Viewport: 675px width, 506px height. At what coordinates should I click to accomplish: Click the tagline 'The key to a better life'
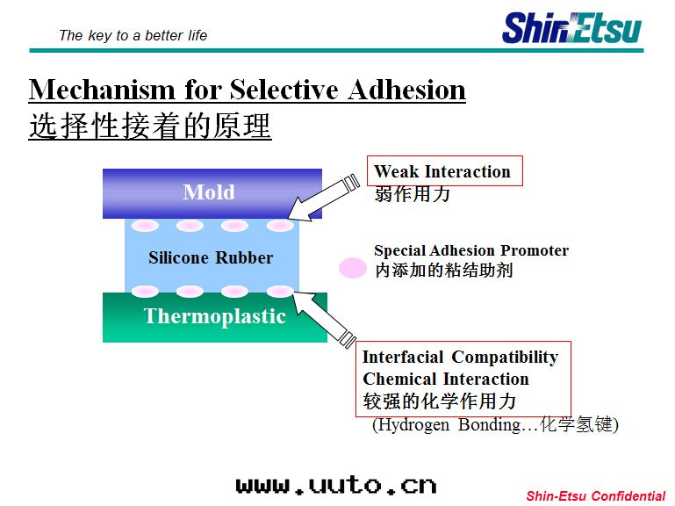point(133,35)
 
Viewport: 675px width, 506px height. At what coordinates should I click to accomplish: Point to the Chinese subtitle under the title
point(150,126)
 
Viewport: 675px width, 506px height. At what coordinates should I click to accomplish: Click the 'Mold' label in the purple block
point(209,192)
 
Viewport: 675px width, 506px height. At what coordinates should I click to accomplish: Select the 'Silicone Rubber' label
point(211,258)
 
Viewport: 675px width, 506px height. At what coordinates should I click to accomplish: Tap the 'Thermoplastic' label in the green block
point(215,316)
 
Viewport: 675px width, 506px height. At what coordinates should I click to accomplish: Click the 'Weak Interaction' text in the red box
point(442,171)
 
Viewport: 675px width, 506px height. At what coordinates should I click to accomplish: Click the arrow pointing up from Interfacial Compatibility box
point(324,317)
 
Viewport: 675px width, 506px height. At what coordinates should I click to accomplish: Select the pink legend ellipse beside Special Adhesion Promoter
point(353,268)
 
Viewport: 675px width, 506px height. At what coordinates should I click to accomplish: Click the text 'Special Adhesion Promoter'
point(471,251)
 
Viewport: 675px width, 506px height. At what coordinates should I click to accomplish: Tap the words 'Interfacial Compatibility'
point(460,357)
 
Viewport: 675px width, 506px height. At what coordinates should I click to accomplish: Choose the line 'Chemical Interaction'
point(445,379)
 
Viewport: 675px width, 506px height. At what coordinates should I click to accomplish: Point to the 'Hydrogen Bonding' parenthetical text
point(495,425)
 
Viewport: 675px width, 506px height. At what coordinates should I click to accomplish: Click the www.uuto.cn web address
point(335,485)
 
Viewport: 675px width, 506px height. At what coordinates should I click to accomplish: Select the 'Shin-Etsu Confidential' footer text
point(595,496)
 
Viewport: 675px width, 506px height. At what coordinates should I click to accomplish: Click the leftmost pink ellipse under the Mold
point(145,226)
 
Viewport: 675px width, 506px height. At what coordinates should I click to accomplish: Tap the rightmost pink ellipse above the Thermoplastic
point(280,291)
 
